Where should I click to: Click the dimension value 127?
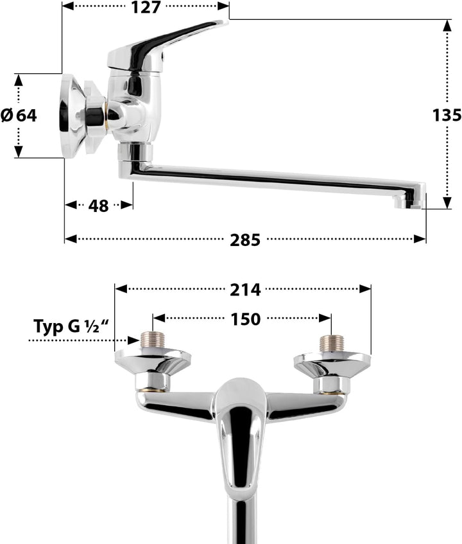(x=146, y=7)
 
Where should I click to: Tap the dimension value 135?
(x=447, y=115)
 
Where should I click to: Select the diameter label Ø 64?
(x=19, y=115)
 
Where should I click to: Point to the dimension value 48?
(x=98, y=206)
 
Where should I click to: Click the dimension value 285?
(x=245, y=240)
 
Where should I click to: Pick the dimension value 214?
(x=245, y=290)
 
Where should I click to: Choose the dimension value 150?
(x=245, y=319)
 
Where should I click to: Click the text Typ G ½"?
(x=71, y=327)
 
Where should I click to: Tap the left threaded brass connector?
(x=153, y=340)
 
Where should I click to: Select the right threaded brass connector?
(x=331, y=343)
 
